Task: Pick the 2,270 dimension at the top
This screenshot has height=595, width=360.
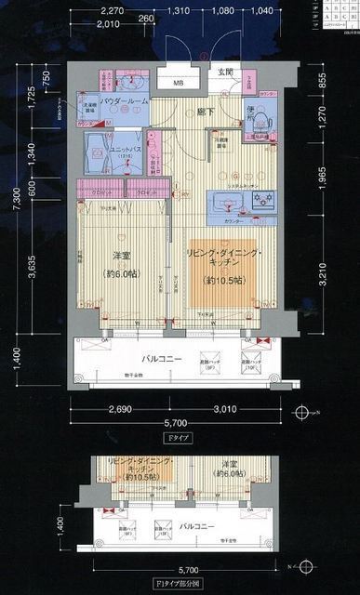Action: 112,12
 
